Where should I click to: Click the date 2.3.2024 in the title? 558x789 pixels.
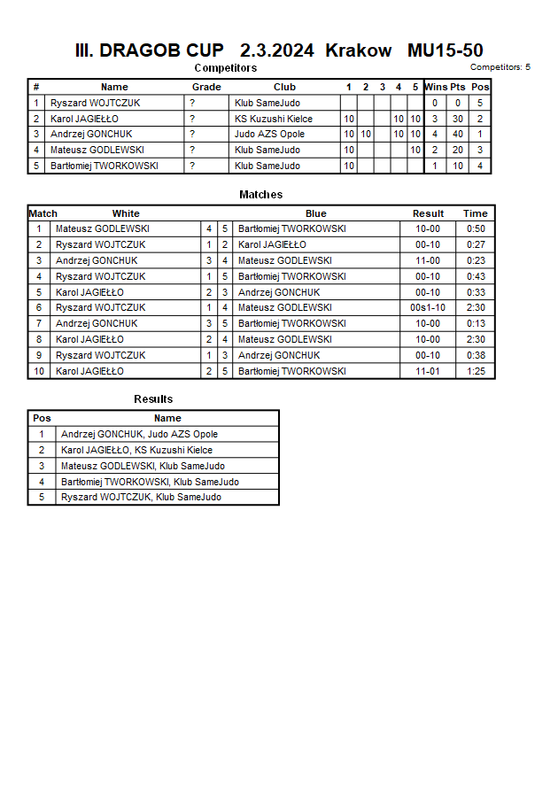tap(276, 50)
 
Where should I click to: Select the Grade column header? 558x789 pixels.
tap(206, 87)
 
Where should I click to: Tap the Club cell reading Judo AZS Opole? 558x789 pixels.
tap(269, 134)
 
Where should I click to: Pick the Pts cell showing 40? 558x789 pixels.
tap(458, 134)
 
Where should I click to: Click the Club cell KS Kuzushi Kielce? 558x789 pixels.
tap(274, 119)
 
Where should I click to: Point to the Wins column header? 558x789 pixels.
tap(436, 87)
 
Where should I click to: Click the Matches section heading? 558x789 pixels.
tap(261, 195)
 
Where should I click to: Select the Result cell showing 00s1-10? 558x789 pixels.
tap(428, 307)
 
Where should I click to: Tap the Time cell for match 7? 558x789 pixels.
tap(476, 323)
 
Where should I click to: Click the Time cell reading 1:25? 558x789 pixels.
tap(476, 371)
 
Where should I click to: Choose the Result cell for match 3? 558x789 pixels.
tap(428, 260)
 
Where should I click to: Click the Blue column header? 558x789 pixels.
tap(316, 213)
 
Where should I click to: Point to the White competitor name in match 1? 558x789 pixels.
tap(102, 228)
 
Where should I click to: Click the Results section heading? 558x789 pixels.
tap(153, 399)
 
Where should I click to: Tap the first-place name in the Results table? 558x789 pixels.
tap(139, 434)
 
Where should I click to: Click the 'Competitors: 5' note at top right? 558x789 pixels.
tap(500, 67)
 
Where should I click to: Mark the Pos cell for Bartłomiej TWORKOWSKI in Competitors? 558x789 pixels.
tap(480, 166)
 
